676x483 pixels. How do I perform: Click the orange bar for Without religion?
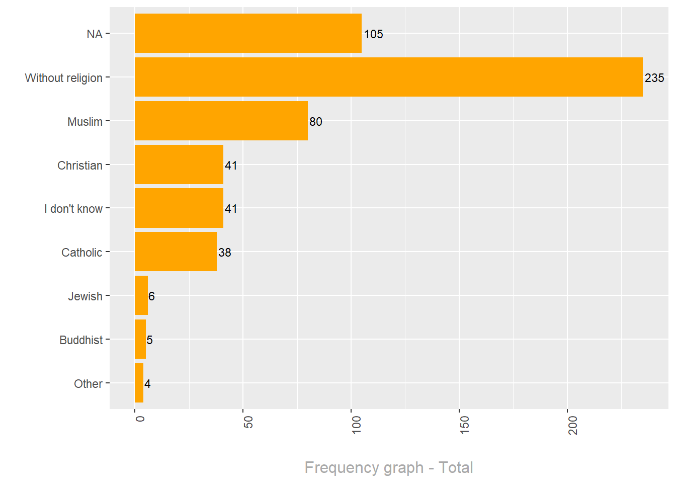point(388,77)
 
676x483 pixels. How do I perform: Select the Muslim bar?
point(221,121)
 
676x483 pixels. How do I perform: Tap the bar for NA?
point(248,33)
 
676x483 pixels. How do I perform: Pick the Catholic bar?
point(176,252)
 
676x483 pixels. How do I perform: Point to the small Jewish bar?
point(141,295)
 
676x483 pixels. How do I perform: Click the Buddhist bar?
point(140,339)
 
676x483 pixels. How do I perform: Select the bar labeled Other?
point(139,383)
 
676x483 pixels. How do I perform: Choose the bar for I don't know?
point(179,208)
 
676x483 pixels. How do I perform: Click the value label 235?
point(654,78)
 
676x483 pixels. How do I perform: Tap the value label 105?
point(374,34)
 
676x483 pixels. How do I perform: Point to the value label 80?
point(316,122)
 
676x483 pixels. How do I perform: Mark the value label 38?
point(225,253)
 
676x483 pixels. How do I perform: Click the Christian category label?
point(80,166)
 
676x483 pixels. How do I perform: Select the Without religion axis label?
point(64,78)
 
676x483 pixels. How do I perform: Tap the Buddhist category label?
point(81,340)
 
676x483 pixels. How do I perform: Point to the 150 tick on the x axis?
point(464,425)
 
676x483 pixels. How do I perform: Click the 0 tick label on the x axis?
point(140,418)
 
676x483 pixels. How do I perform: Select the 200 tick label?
point(572,425)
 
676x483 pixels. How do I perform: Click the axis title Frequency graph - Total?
point(389,467)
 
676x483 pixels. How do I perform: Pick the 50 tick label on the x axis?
point(248,422)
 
